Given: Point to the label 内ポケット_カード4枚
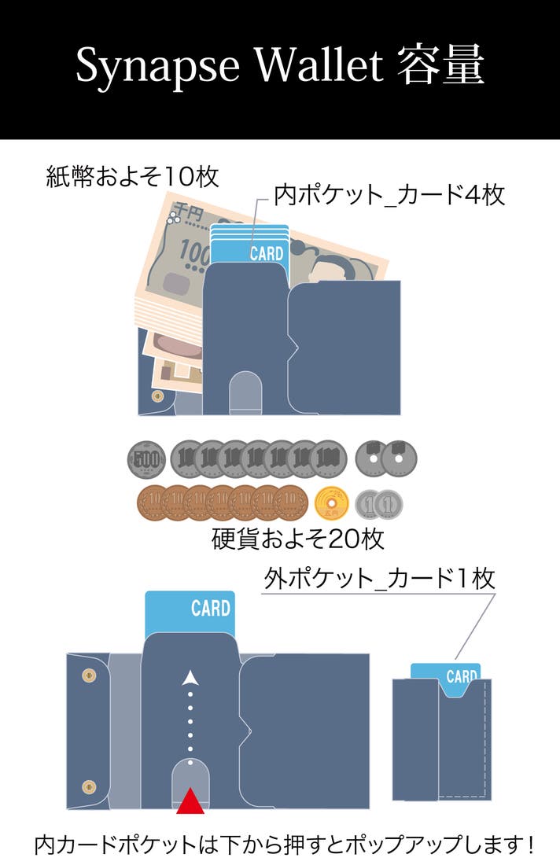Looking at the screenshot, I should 389,194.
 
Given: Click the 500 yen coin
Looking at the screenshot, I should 146,458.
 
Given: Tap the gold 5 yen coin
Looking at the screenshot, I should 331,503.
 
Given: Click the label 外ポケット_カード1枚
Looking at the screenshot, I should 379,580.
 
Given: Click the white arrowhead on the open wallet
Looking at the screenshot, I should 189,677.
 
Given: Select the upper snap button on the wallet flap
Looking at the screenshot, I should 89,675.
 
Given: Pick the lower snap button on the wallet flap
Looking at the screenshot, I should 89,786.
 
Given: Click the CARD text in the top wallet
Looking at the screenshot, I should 267,253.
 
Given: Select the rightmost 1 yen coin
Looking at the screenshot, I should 389,504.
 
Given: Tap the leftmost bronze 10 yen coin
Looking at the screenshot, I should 153,503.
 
